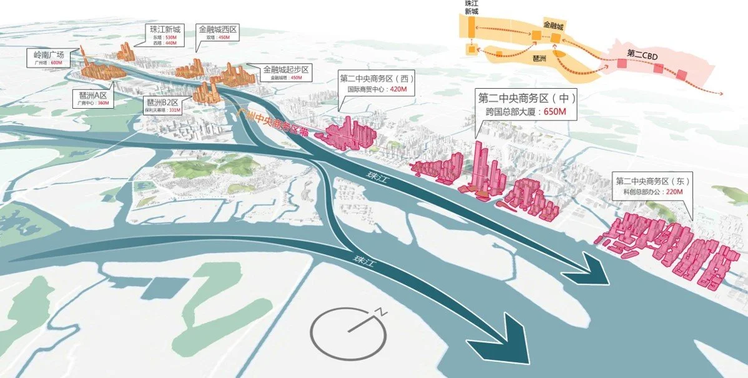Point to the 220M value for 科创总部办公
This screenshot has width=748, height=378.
point(678,192)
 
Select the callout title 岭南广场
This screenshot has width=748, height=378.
point(49,55)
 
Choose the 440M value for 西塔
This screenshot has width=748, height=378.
point(169,44)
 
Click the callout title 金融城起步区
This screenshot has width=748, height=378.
point(287,69)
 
